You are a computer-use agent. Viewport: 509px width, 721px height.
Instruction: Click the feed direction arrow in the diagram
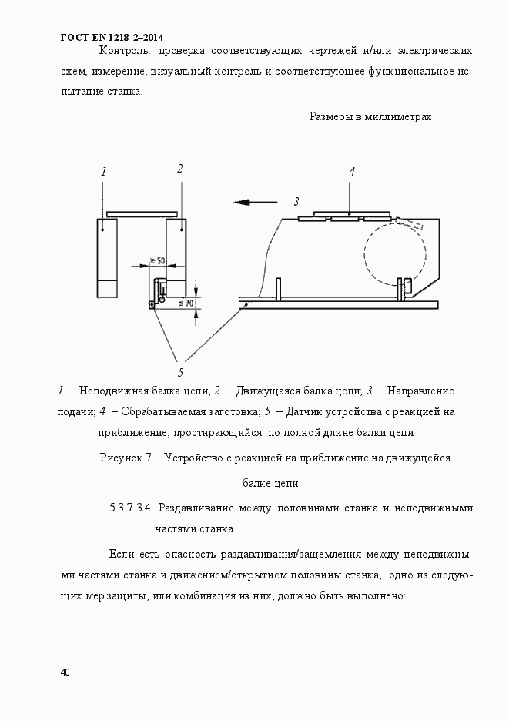pyautogui.click(x=255, y=203)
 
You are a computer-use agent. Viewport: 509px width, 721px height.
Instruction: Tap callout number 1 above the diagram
pyautogui.click(x=103, y=172)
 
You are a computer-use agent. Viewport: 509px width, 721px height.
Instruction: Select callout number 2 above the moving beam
pyautogui.click(x=179, y=168)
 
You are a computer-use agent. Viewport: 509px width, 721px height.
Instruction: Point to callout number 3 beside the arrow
pyautogui.click(x=295, y=202)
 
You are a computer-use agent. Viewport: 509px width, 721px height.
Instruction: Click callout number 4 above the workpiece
pyautogui.click(x=351, y=172)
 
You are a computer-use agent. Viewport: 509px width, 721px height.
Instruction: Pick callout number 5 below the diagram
pyautogui.click(x=180, y=373)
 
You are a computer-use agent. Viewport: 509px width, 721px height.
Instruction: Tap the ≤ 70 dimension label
pyautogui.click(x=185, y=303)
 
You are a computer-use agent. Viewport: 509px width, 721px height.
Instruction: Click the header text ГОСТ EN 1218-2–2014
pyautogui.click(x=112, y=37)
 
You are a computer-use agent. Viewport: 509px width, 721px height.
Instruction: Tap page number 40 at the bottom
pyautogui.click(x=65, y=672)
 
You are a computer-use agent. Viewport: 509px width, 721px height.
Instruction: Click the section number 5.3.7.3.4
pyautogui.click(x=133, y=508)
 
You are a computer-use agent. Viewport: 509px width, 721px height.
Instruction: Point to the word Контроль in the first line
pyautogui.click(x=125, y=51)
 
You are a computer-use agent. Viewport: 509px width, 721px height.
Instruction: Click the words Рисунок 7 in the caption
pyautogui.click(x=125, y=458)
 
